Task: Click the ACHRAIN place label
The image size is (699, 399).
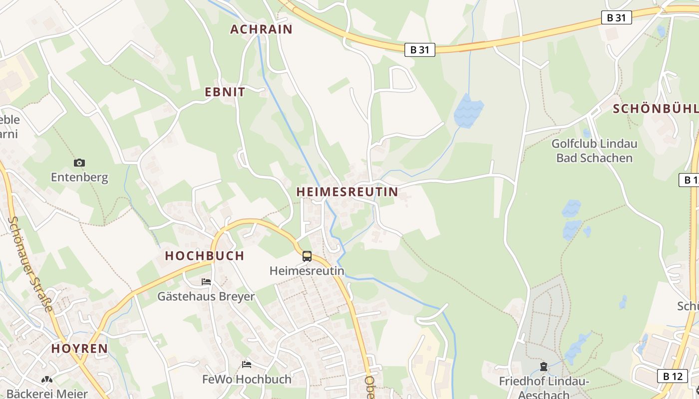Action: pyautogui.click(x=261, y=29)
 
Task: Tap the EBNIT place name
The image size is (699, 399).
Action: pyautogui.click(x=225, y=92)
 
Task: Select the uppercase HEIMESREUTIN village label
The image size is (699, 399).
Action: pyautogui.click(x=348, y=192)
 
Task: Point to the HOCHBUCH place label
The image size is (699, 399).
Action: pyautogui.click(x=205, y=256)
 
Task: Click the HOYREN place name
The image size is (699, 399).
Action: pyautogui.click(x=79, y=349)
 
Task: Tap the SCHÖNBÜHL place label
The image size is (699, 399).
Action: pyautogui.click(x=655, y=109)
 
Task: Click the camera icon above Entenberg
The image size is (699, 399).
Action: pyautogui.click(x=79, y=163)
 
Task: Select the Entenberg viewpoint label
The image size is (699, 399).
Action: pyautogui.click(x=79, y=178)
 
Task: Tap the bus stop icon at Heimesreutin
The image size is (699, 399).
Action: pyautogui.click(x=307, y=256)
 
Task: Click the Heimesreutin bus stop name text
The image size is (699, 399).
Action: pyautogui.click(x=307, y=271)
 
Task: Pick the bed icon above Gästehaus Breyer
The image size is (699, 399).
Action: pyautogui.click(x=206, y=282)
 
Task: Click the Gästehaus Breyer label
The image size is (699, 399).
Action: pyautogui.click(x=206, y=297)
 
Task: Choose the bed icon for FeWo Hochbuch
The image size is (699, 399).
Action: pyautogui.click(x=247, y=365)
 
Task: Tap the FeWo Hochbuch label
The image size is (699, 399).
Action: pyautogui.click(x=247, y=380)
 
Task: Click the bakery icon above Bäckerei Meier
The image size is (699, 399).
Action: pyautogui.click(x=47, y=380)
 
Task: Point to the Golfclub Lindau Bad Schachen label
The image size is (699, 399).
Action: pyautogui.click(x=594, y=151)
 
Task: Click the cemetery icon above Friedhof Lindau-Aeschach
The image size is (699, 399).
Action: pyautogui.click(x=544, y=367)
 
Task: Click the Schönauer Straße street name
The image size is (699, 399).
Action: pyautogui.click(x=31, y=264)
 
